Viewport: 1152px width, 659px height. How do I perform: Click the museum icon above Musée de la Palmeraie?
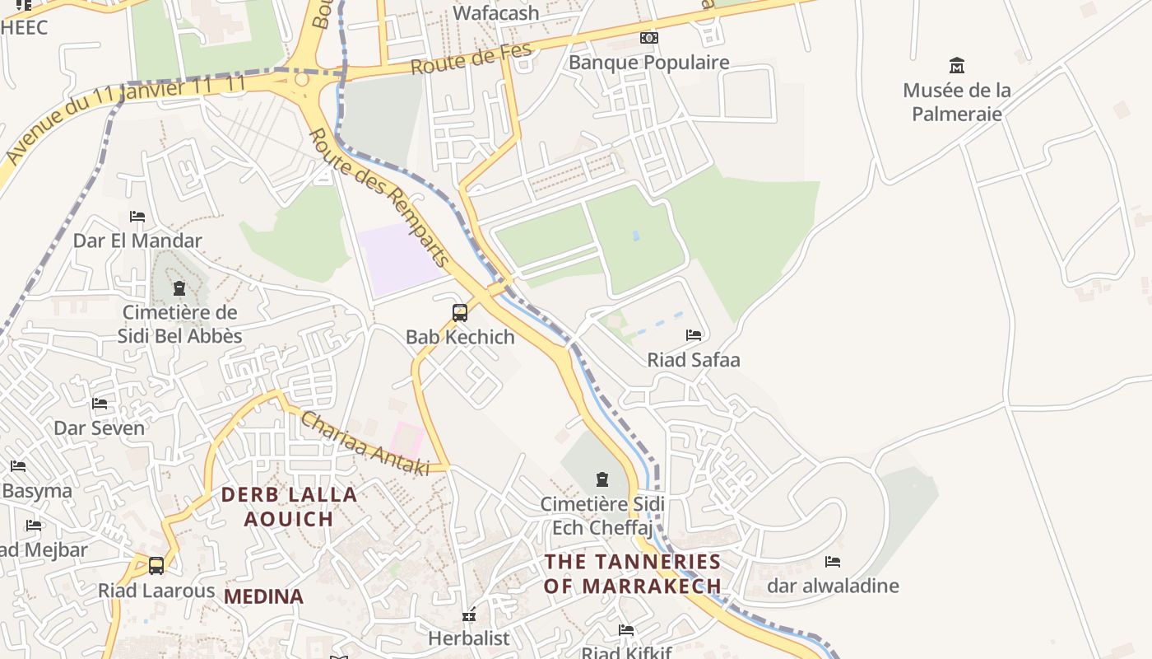point(956,65)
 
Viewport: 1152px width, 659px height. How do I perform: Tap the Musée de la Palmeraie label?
point(956,101)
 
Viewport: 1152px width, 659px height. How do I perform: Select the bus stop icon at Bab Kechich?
point(460,313)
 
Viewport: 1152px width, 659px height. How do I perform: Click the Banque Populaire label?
point(649,63)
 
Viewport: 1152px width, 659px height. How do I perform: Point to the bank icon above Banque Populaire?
point(649,38)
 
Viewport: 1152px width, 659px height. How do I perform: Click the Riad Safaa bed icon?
point(694,335)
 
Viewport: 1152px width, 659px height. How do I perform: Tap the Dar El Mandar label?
point(137,241)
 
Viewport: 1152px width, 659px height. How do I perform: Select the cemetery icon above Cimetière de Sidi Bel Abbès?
point(179,288)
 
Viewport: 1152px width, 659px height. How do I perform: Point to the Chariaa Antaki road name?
point(365,443)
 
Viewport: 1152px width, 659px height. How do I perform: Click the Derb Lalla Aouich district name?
point(289,507)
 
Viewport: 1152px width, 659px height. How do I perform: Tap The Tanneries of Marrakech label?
point(633,573)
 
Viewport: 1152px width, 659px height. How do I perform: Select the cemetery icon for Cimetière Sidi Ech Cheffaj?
point(602,479)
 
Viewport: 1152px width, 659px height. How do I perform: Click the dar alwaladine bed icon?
point(833,562)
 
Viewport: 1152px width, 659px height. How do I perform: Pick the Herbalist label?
point(469,638)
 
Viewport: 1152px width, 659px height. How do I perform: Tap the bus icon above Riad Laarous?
point(156,566)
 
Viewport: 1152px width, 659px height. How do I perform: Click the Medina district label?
point(263,596)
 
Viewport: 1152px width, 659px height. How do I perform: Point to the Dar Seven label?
point(99,428)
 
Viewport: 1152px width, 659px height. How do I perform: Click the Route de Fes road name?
point(471,59)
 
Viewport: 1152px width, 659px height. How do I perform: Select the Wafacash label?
point(496,13)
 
